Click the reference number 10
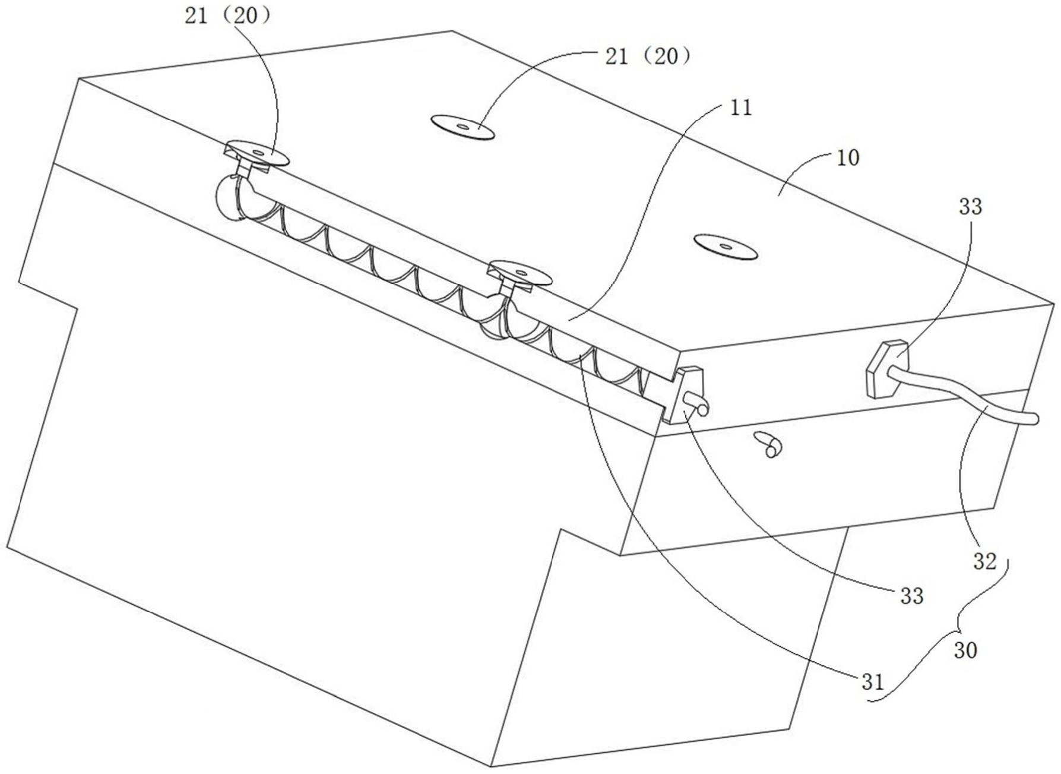(848, 158)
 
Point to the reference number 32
(984, 561)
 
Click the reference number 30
(965, 651)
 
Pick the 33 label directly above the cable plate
(971, 207)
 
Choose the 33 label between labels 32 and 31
(912, 596)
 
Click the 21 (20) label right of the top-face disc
(648, 57)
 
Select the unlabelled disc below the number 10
(726, 247)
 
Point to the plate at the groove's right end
(683, 394)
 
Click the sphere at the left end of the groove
(230, 196)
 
